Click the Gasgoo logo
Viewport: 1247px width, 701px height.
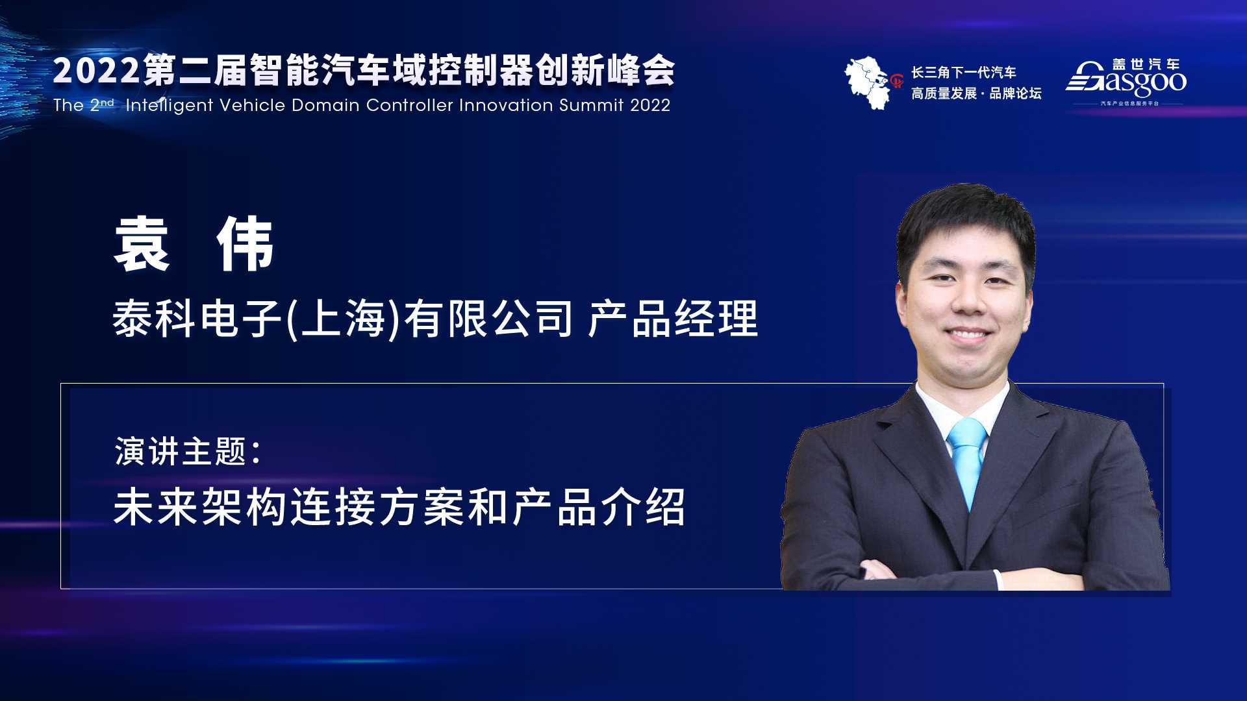point(1126,82)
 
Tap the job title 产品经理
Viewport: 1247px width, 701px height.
point(673,319)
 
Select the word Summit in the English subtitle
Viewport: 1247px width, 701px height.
point(591,105)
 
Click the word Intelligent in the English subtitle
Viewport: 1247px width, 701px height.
point(170,105)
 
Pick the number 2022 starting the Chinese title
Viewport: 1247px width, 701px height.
point(96,71)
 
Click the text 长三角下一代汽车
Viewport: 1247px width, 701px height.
point(964,73)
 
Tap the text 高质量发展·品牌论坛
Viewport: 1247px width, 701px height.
point(976,93)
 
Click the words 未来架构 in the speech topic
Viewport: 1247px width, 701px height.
point(200,507)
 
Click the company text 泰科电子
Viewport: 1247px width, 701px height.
point(198,319)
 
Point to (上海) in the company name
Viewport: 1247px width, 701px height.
point(344,319)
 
